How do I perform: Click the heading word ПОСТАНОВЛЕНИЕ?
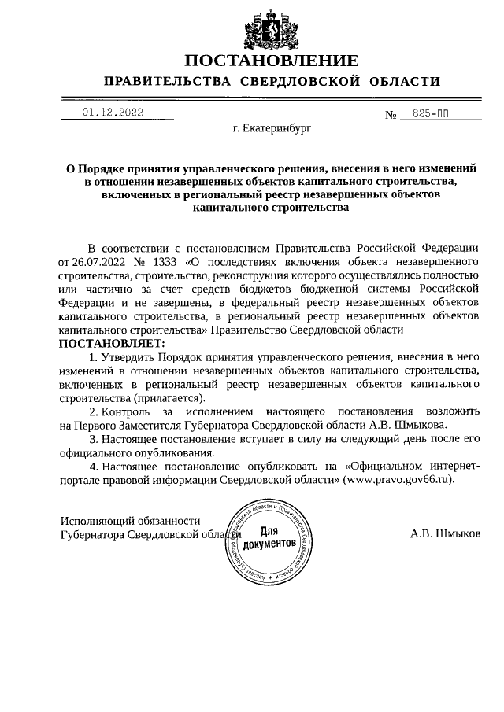click(x=272, y=61)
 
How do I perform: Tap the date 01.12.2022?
click(x=112, y=113)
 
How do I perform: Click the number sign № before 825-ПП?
click(x=391, y=115)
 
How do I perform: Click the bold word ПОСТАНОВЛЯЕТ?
click(x=112, y=344)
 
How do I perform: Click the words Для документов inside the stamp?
click(x=269, y=538)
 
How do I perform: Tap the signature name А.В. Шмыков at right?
click(x=445, y=533)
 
